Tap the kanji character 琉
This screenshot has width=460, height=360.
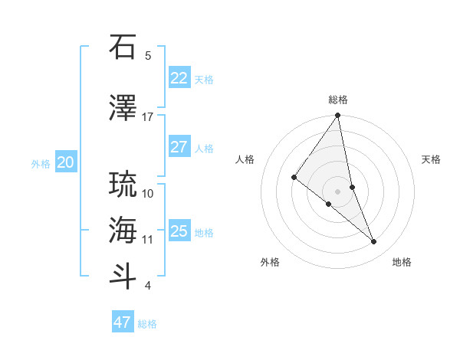[123, 185]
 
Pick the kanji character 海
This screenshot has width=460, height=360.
[123, 230]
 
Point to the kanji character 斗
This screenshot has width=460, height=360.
[123, 276]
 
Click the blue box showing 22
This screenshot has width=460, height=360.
[179, 78]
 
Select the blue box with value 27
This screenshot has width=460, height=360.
[179, 147]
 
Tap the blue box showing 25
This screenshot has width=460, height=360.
[179, 231]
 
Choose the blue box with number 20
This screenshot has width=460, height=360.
[66, 162]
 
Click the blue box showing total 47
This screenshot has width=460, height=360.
[123, 322]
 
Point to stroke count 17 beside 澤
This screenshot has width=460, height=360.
[147, 117]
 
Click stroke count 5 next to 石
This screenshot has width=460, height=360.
[147, 55]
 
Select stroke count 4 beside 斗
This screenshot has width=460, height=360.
[147, 286]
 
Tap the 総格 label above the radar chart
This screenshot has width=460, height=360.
[338, 100]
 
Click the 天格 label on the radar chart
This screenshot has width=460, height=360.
[431, 159]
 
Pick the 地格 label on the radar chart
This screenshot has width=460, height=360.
[402, 262]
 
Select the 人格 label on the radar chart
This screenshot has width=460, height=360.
[245, 159]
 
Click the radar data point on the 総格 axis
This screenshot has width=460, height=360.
[338, 116]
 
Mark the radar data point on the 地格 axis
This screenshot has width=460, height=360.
[374, 242]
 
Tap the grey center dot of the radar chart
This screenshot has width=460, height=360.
[338, 191]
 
